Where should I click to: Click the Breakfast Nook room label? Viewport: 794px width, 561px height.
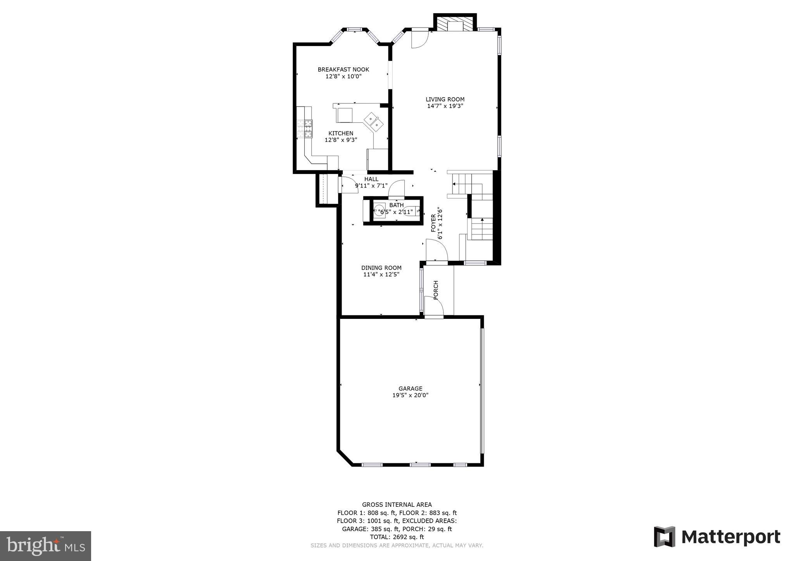pyautogui.click(x=343, y=69)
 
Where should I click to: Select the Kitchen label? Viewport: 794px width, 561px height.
pyautogui.click(x=341, y=133)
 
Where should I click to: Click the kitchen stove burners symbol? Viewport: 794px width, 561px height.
pyautogui.click(x=305, y=129)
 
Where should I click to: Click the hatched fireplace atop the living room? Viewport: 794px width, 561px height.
pyautogui.click(x=455, y=24)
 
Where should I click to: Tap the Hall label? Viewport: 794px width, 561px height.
pyautogui.click(x=371, y=179)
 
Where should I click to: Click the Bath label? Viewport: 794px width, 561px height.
pyautogui.click(x=396, y=205)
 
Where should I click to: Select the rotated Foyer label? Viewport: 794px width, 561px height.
pyautogui.click(x=433, y=223)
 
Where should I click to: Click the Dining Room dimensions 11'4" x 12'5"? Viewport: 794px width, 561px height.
pyautogui.click(x=381, y=274)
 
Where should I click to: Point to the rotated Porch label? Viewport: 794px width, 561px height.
pyautogui.click(x=435, y=290)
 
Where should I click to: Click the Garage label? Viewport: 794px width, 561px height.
pyautogui.click(x=410, y=389)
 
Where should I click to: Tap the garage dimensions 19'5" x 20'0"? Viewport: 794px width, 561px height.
pyautogui.click(x=410, y=395)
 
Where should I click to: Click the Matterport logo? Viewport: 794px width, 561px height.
pyautogui.click(x=717, y=537)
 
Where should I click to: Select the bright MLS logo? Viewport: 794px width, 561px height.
pyautogui.click(x=45, y=546)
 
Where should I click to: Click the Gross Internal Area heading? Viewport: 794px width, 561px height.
pyautogui.click(x=397, y=504)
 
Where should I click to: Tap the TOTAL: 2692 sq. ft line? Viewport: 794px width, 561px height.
pyautogui.click(x=397, y=537)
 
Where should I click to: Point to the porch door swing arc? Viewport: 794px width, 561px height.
pyautogui.click(x=434, y=306)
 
